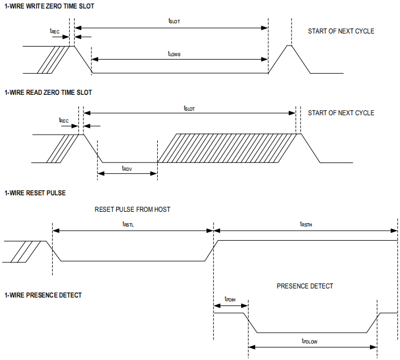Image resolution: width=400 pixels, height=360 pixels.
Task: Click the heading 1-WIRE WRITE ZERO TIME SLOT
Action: [49, 6]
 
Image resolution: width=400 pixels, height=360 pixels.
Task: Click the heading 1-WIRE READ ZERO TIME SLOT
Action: [48, 93]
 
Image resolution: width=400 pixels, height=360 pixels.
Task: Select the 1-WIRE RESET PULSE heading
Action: [35, 193]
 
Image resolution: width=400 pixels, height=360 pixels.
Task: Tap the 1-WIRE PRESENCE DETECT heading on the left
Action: [43, 295]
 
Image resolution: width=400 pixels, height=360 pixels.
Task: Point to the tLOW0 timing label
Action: [174, 53]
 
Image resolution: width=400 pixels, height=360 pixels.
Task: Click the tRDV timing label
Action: [128, 168]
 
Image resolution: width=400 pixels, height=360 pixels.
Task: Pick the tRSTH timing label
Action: [306, 225]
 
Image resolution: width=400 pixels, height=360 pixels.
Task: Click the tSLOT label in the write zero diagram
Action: [174, 21]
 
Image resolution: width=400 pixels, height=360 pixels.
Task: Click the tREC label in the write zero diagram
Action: [55, 32]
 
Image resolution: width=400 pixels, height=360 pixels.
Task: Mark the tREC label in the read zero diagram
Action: [64, 120]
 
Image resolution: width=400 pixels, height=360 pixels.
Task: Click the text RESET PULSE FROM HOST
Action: [132, 210]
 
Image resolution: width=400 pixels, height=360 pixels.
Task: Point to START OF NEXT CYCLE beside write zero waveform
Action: [341, 31]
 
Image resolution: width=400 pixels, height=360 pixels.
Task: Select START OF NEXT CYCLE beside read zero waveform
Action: [341, 113]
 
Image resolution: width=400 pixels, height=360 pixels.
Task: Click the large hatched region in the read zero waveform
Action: [227, 148]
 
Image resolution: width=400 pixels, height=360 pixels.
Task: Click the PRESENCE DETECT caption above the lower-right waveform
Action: [305, 286]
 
